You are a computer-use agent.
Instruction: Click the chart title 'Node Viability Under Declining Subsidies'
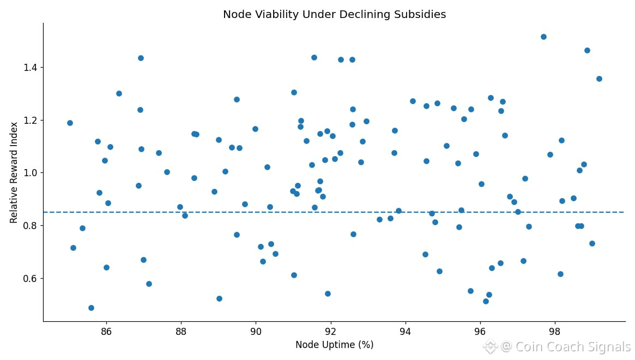334,15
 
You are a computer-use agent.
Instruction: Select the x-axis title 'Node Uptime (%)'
334,345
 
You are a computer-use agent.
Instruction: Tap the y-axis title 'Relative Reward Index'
14,172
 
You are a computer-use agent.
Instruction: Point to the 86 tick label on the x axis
106,331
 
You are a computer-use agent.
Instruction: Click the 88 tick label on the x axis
181,331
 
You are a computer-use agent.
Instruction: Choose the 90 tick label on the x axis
256,331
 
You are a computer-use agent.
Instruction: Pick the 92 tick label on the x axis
330,331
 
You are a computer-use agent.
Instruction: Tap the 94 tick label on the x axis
405,331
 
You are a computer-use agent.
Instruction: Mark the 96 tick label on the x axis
480,331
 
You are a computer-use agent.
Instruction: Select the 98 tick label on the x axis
554,331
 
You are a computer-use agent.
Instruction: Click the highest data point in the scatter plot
543,37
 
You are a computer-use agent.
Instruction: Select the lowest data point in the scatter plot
91,308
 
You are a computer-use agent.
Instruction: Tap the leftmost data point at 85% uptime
70,123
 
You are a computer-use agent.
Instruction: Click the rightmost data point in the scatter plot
599,79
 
